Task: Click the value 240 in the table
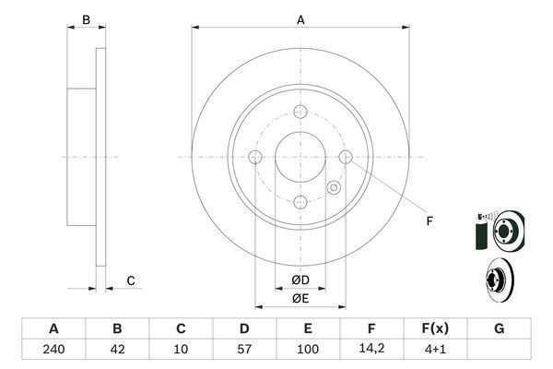(x=53, y=350)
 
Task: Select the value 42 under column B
(x=117, y=350)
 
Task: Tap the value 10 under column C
(x=181, y=350)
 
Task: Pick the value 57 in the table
(x=244, y=350)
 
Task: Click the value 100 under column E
(x=308, y=350)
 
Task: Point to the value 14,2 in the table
(x=371, y=350)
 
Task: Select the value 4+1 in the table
(x=435, y=350)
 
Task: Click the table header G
(x=499, y=328)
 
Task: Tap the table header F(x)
(x=435, y=328)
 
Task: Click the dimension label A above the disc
(x=300, y=18)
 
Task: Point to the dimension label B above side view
(x=86, y=18)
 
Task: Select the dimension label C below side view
(x=131, y=280)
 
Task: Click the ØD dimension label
(x=300, y=280)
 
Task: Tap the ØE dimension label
(x=300, y=298)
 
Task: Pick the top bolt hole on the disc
(x=300, y=113)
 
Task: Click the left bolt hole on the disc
(x=256, y=157)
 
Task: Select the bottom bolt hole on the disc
(x=300, y=202)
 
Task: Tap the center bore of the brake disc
(x=300, y=157)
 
